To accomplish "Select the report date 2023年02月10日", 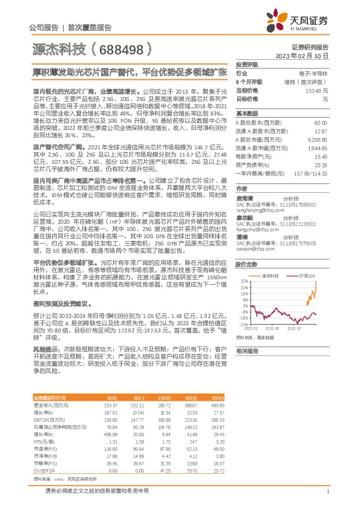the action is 301,55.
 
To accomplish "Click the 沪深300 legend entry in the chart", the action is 307,275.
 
